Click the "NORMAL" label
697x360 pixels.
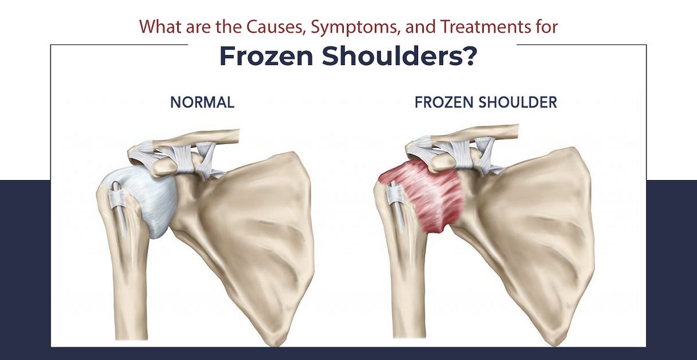(202, 103)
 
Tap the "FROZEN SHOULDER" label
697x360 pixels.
(486, 103)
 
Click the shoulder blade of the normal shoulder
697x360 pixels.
(256, 232)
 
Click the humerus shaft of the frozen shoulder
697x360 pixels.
(407, 290)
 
